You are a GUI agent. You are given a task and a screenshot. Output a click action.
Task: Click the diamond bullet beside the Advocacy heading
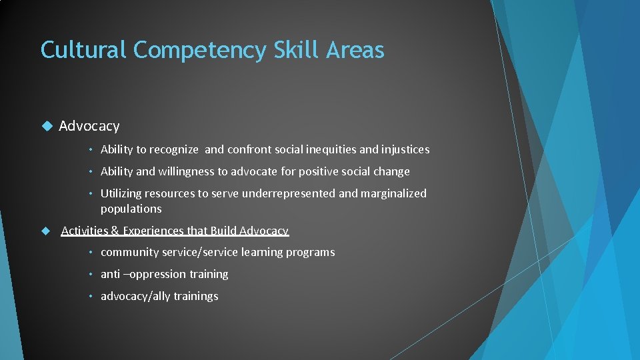(46, 126)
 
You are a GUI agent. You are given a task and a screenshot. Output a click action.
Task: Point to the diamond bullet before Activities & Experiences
(46, 231)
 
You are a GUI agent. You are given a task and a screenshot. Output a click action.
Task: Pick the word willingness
(182, 172)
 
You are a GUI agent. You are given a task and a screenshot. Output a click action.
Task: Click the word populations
(131, 209)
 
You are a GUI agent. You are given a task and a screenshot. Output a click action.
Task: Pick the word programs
(310, 253)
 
